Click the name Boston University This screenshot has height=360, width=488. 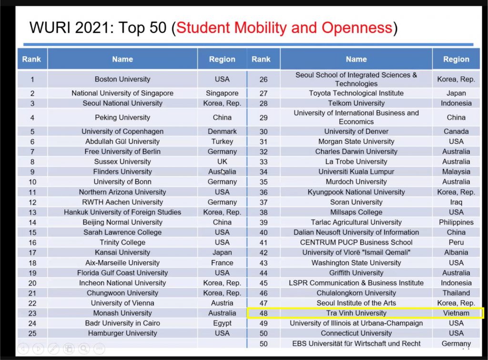pos(122,79)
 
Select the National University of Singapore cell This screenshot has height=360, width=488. pos(122,93)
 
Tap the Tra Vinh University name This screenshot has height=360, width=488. pos(356,313)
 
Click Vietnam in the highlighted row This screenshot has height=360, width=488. pos(456,313)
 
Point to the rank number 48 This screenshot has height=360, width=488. pos(263,313)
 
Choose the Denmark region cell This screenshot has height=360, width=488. pos(222,131)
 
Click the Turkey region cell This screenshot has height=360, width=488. pos(222,141)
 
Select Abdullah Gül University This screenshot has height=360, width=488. pos(122,141)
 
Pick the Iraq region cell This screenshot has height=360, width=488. pos(456,202)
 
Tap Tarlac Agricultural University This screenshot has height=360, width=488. pos(356,222)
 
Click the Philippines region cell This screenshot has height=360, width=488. pos(456,222)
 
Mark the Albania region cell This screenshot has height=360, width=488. pos(456,252)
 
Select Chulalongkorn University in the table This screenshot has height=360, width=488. pos(356,293)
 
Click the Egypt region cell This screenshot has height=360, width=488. pos(222,323)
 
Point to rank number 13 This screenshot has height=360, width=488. pos(32,212)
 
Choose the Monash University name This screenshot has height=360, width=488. pos(122,313)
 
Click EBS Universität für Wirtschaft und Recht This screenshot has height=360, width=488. pos(356,343)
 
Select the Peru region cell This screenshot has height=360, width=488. pos(456,242)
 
